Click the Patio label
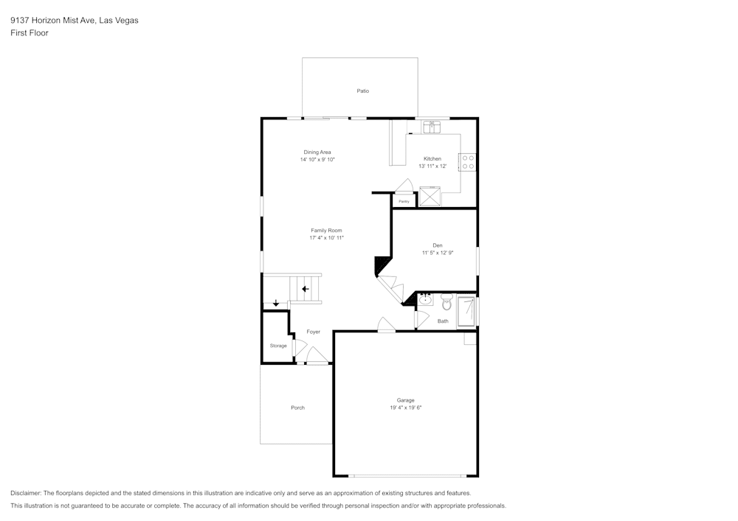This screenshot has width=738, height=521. [362, 91]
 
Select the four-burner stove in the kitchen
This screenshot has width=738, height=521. [467, 162]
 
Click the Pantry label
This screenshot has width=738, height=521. [404, 201]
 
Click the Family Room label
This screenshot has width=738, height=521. [326, 231]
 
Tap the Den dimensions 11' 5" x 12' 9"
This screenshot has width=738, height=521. [437, 253]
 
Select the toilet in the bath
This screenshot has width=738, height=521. [446, 303]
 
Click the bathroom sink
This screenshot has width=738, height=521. [427, 300]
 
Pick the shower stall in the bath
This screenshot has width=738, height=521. [466, 311]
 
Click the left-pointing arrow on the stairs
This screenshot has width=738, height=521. [305, 289]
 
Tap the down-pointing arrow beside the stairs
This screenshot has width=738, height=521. [276, 303]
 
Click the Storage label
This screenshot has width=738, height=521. [278, 346]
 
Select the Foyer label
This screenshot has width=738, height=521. [314, 332]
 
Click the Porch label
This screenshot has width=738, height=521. [297, 408]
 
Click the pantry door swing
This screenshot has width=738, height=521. [404, 186]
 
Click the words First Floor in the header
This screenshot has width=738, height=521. [30, 33]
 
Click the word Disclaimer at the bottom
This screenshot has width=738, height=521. [26, 493]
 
